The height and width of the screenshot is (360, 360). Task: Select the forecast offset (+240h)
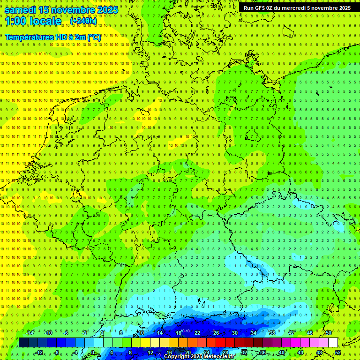tap(83, 21)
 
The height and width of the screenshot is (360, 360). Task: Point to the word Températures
tap(29, 37)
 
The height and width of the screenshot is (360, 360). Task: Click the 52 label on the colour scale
tap(337, 352)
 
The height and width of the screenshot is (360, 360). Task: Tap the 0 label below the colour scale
tap(92, 352)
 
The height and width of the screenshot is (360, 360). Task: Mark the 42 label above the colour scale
tap(291, 333)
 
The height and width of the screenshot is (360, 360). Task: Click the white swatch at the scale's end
tap(333, 343)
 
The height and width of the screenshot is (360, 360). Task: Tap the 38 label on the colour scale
tap(272, 333)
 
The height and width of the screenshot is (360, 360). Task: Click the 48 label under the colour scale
tap(319, 352)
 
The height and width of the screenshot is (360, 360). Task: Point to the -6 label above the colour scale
tap(67, 333)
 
